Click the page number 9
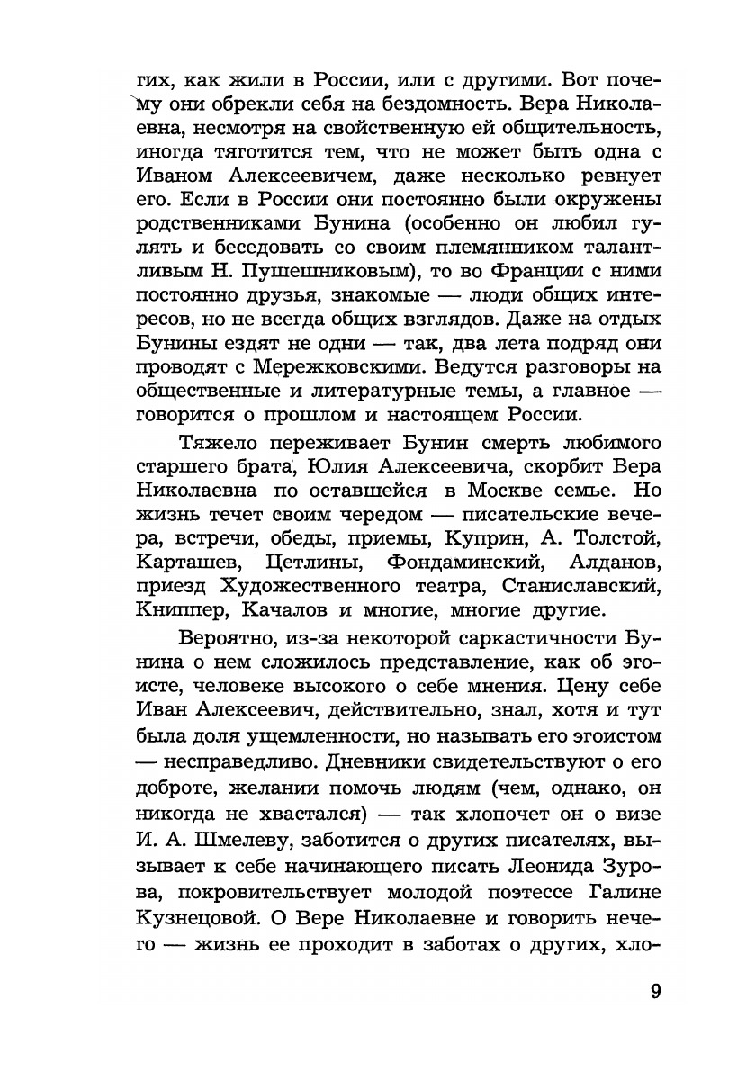pyautogui.click(x=655, y=993)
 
